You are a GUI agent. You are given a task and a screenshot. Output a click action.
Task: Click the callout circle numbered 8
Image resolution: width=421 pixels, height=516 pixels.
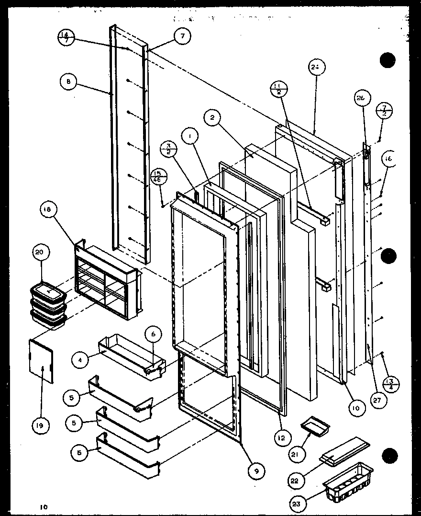[x=69, y=82]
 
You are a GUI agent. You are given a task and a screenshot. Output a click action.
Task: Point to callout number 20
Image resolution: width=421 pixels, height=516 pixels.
[x=41, y=252]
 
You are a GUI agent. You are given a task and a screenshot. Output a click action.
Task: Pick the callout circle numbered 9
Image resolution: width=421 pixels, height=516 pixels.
[x=257, y=471]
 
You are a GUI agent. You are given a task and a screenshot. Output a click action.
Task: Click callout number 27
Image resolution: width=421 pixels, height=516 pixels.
[x=378, y=401]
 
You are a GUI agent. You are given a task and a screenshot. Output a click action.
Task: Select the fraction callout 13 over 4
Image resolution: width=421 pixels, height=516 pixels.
[x=391, y=385]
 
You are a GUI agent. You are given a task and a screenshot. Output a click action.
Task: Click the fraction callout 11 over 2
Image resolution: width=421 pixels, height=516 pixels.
[x=278, y=89]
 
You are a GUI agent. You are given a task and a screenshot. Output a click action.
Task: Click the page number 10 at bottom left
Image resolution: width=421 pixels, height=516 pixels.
[x=44, y=506]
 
